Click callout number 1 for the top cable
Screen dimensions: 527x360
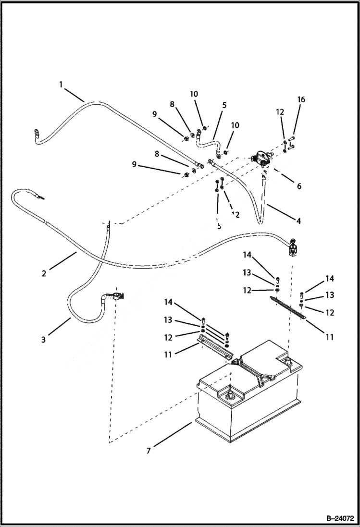coord(61,85)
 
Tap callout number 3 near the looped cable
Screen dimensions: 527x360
coord(43,340)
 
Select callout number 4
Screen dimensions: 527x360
coord(298,221)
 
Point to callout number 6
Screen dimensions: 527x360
coord(298,185)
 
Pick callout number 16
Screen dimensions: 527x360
coord(301,99)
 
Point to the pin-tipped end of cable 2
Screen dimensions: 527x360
coord(42,197)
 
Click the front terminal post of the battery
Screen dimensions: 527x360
coord(229,396)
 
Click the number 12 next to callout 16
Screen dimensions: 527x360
coord(280,112)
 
